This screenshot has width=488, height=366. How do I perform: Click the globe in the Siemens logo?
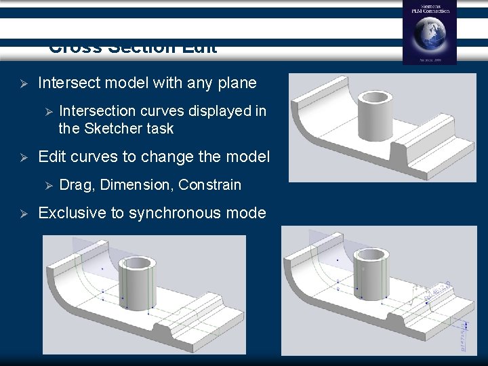coord(429,35)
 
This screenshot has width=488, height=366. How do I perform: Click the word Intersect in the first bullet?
coord(68,83)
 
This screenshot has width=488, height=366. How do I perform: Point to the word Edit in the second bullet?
coord(52,157)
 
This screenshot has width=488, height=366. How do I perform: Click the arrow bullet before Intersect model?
coord(22,83)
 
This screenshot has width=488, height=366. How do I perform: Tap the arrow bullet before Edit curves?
coord(22,157)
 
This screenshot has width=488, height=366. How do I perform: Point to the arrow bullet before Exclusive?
coord(22,213)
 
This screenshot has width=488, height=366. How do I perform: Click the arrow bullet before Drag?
coord(47,184)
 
